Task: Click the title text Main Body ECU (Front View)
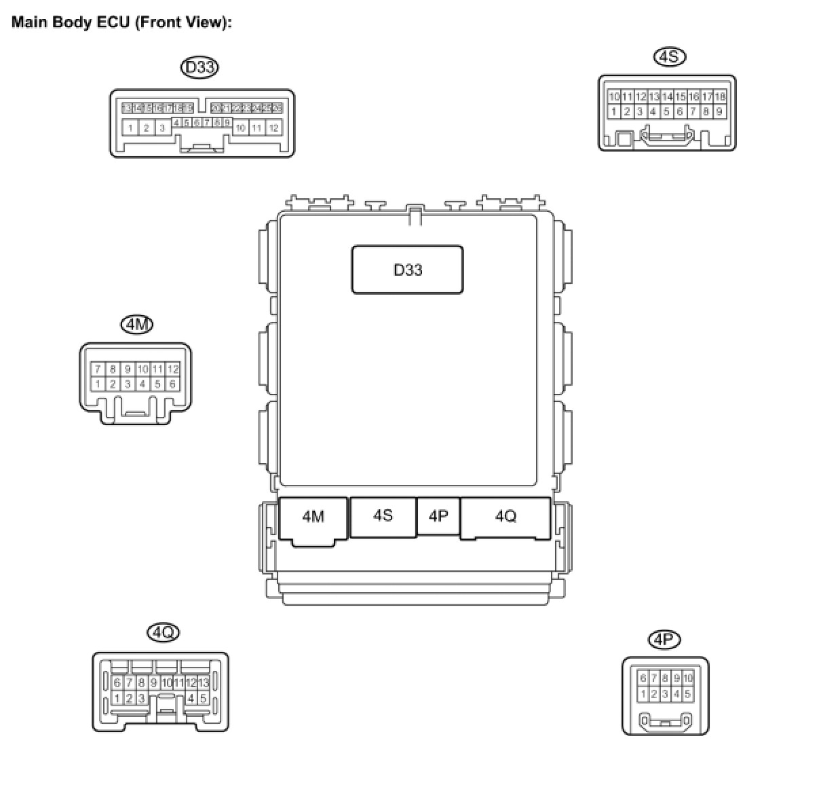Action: point(121,22)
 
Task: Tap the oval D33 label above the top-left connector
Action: point(200,67)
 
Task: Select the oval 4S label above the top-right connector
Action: point(669,56)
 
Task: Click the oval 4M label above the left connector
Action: point(136,325)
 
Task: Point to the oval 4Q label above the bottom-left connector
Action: point(163,633)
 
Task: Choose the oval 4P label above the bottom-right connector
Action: point(664,639)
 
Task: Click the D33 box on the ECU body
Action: point(407,270)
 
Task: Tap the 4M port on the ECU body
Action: point(313,517)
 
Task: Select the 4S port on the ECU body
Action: point(383,516)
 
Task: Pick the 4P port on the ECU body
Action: point(438,516)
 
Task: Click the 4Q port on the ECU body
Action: point(505,517)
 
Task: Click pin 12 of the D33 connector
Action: point(273,128)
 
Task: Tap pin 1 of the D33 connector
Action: point(130,128)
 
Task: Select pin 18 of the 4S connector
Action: point(720,97)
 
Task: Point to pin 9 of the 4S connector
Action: point(719,111)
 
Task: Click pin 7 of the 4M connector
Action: point(98,369)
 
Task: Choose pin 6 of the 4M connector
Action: point(172,384)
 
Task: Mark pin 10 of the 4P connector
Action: point(688,678)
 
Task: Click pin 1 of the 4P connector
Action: point(643,694)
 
